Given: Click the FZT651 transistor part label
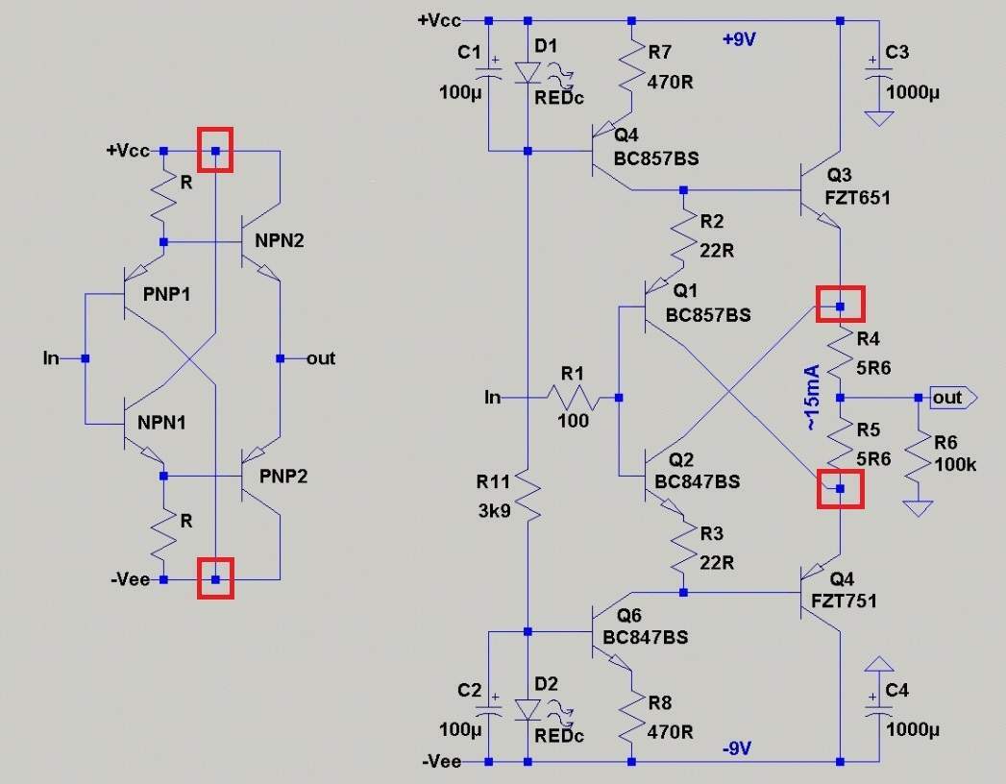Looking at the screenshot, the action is pyautogui.click(x=857, y=198).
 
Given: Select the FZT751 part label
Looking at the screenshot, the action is pyautogui.click(x=844, y=601).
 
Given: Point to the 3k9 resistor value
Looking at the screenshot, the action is pyautogui.click(x=494, y=511).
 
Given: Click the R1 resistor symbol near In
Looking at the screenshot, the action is pyautogui.click(x=573, y=398).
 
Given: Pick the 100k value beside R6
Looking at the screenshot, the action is pyautogui.click(x=955, y=464).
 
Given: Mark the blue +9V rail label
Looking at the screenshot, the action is pyautogui.click(x=739, y=39).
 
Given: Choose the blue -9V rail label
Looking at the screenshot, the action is pyautogui.click(x=737, y=748).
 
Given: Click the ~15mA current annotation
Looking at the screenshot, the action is pyautogui.click(x=812, y=397).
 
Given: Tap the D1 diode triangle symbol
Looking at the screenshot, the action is pyautogui.click(x=528, y=72).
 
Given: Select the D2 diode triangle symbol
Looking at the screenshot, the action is pyautogui.click(x=528, y=710).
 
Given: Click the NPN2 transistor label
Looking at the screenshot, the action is pyautogui.click(x=279, y=240).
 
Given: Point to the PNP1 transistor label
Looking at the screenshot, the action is pyautogui.click(x=167, y=295).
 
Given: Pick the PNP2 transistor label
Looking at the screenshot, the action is pyautogui.click(x=283, y=476).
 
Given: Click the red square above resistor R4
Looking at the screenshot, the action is pyautogui.click(x=841, y=305).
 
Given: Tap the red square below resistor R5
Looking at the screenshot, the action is pyautogui.click(x=841, y=489).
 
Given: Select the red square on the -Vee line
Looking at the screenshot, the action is pyautogui.click(x=215, y=578).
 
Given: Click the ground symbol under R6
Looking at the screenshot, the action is pyautogui.click(x=919, y=508).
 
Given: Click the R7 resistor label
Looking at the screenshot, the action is pyautogui.click(x=659, y=52).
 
